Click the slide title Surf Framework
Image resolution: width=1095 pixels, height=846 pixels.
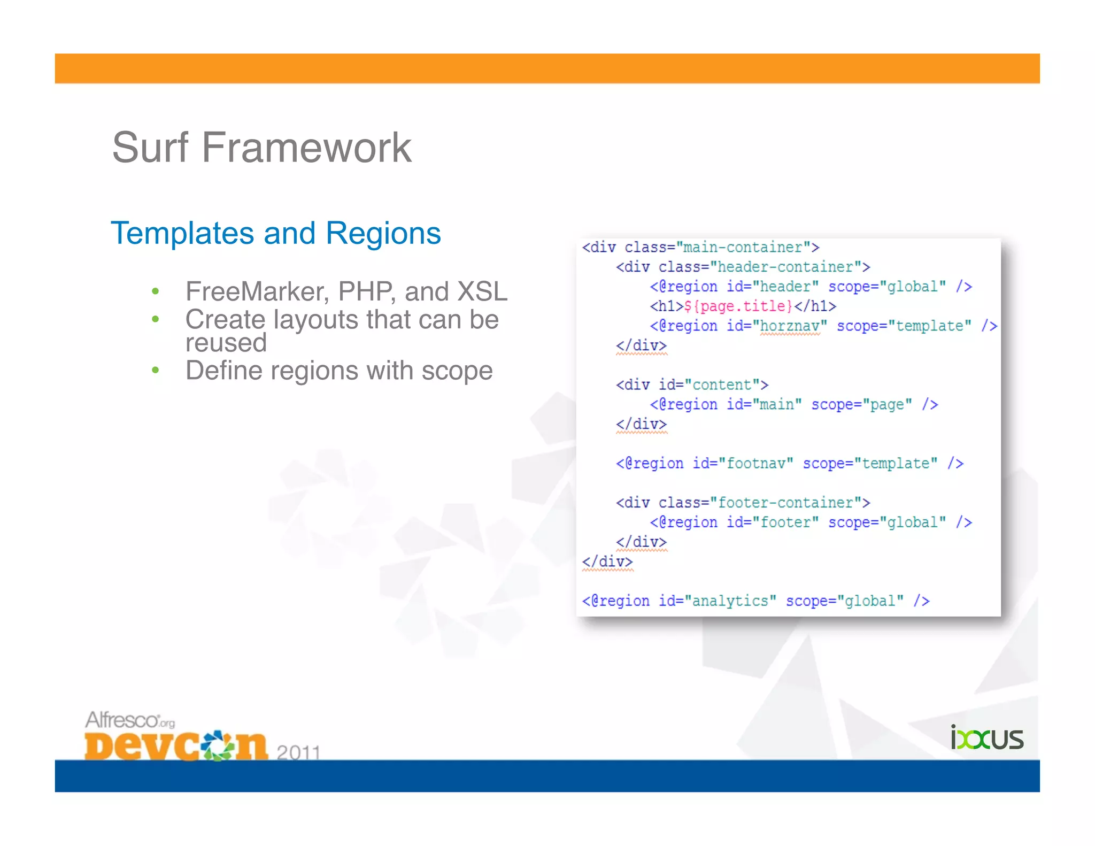tap(261, 148)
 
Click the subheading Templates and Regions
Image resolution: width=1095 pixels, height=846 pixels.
tap(276, 233)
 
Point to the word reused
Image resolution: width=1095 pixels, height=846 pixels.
tap(226, 343)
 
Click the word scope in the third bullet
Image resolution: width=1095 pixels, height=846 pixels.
tap(457, 371)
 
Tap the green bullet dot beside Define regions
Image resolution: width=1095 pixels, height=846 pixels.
tap(155, 370)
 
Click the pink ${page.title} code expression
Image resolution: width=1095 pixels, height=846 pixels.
tap(738, 306)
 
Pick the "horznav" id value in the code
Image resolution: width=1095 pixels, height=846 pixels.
tap(790, 326)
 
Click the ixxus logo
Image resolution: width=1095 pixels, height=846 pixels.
tap(986, 738)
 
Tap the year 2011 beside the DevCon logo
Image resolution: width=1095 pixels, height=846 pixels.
tap(298, 752)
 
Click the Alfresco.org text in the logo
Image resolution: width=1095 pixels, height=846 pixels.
tap(130, 720)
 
